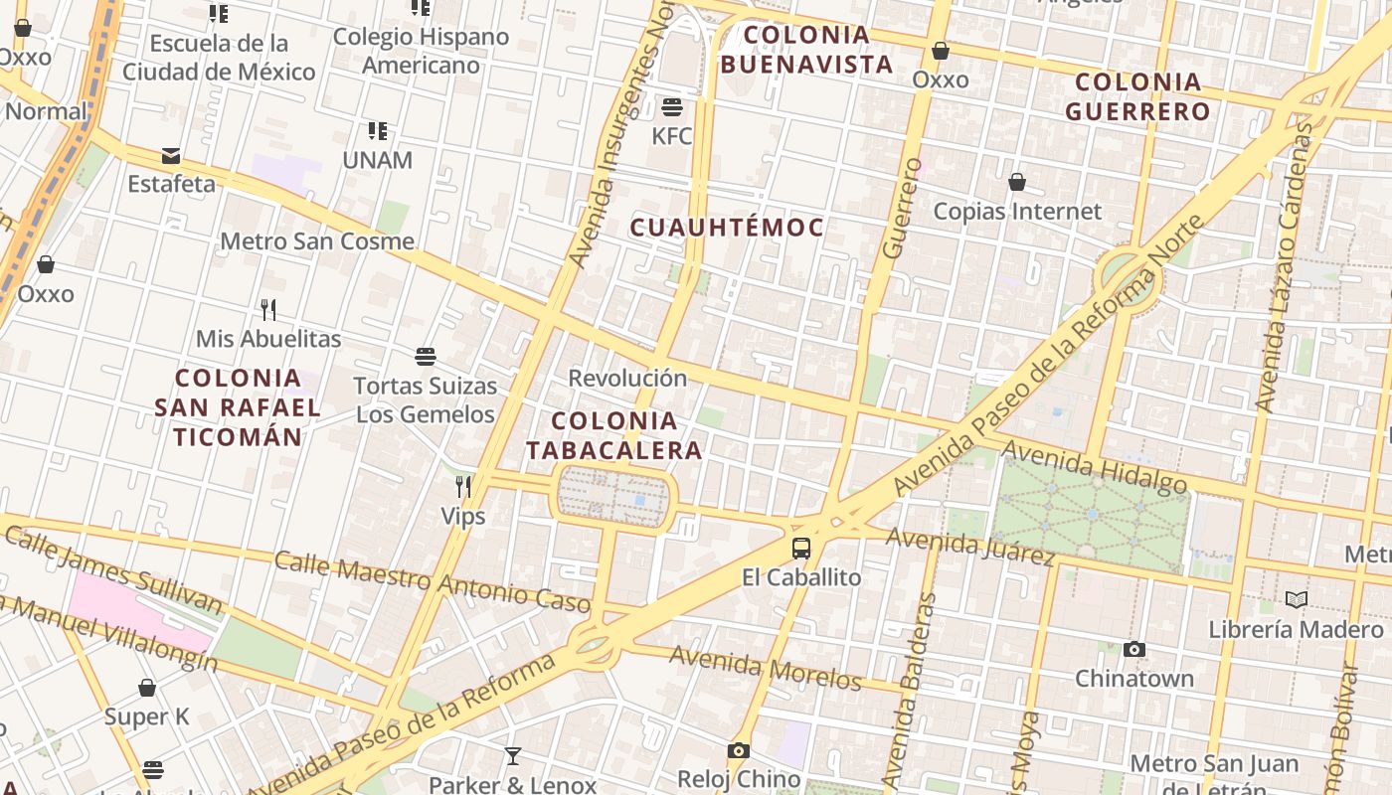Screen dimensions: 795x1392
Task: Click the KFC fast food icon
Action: coord(672,107)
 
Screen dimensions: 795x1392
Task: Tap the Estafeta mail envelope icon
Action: coord(171,156)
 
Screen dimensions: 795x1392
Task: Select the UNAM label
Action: coord(377,159)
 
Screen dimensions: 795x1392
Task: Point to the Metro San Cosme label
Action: coord(317,240)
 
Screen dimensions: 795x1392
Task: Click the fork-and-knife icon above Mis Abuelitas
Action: coord(267,309)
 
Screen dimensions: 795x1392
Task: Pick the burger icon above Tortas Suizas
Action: coord(426,357)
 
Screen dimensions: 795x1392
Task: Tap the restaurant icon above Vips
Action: coord(463,486)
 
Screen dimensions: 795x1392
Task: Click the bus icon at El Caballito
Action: coord(801,548)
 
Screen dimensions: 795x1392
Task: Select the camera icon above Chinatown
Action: coord(1134,650)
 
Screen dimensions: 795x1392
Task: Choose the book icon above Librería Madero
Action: coord(1296,599)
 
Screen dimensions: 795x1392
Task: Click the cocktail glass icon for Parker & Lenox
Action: coord(512,756)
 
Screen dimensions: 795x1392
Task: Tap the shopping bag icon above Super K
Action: coord(147,688)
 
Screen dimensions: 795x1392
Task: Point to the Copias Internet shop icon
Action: coord(1017,182)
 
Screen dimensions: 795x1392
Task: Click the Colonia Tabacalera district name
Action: coord(614,435)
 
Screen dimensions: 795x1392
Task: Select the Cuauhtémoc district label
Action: coord(728,228)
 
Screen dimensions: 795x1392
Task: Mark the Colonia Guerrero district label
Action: coord(1138,96)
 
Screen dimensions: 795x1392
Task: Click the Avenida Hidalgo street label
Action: coord(1094,466)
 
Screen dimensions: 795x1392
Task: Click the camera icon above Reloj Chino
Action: coord(739,750)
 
